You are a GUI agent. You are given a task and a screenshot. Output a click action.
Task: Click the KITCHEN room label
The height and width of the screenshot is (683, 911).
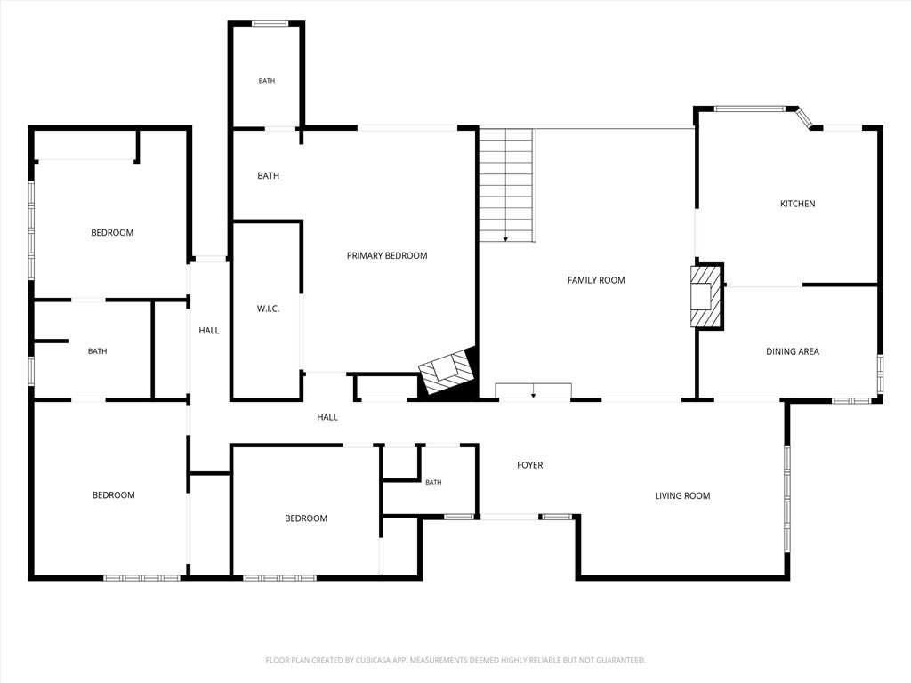[x=797, y=204]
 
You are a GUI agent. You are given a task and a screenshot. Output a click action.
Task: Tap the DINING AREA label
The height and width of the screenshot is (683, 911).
[x=793, y=351]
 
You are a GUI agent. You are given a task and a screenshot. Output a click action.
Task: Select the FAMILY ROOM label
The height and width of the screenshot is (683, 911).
[x=596, y=280]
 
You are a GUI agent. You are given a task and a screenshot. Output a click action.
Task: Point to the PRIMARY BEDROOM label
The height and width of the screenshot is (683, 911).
[x=387, y=255]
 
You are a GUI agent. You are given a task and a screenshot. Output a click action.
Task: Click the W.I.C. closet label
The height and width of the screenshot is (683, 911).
[x=268, y=309]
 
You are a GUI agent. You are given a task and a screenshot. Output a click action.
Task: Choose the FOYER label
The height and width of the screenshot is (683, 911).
[x=530, y=465]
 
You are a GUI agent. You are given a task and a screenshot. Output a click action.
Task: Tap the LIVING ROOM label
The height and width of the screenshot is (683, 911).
[x=682, y=496]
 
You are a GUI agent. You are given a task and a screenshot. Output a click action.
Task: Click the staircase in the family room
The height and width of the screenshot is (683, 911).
[x=506, y=185]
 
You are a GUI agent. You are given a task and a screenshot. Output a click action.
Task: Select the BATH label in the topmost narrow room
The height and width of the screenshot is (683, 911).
[x=267, y=81]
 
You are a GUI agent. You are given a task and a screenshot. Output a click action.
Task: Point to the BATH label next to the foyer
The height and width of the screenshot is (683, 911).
[x=433, y=482]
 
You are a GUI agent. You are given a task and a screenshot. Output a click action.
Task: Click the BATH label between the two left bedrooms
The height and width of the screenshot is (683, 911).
[x=97, y=351]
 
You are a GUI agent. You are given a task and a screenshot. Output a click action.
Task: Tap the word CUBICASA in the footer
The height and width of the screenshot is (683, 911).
[x=382, y=661]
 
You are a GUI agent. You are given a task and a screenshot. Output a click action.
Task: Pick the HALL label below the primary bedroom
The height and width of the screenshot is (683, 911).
[x=327, y=417]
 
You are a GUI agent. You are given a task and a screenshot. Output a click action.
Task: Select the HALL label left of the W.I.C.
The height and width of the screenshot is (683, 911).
[x=208, y=331]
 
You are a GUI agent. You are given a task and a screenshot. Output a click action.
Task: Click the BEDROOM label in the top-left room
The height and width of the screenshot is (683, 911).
[x=112, y=233]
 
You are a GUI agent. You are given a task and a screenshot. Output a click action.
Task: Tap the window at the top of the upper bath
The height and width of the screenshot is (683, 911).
[x=270, y=24]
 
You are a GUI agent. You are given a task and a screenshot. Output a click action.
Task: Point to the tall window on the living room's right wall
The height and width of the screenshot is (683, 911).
[x=787, y=498]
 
